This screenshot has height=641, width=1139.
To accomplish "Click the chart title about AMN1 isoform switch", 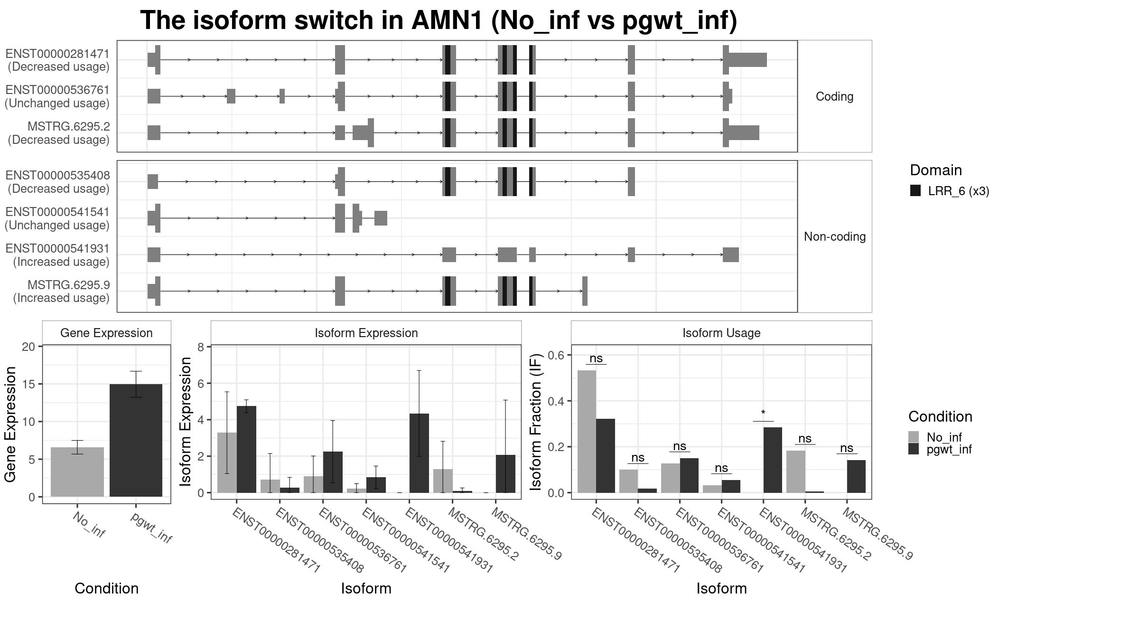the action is (439, 21).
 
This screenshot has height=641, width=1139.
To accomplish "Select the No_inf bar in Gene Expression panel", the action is (77, 472).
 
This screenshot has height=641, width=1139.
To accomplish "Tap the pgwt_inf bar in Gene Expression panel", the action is (136, 441).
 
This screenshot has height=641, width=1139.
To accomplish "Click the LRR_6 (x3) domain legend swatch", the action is (915, 191).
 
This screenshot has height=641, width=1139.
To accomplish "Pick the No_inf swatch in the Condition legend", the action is (914, 437).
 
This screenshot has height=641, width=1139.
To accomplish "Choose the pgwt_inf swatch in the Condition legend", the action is (914, 449).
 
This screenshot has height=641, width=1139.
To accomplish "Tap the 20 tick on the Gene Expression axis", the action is (28, 347).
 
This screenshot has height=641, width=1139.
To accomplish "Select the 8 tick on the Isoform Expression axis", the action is (201, 347).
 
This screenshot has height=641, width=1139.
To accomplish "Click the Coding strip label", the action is (834, 96).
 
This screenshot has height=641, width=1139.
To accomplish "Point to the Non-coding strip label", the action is (835, 236).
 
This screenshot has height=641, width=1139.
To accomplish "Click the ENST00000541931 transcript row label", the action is (57, 249).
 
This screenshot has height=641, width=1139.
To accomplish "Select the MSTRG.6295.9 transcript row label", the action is (69, 285).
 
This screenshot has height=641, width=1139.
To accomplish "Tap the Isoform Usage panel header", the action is (721, 333).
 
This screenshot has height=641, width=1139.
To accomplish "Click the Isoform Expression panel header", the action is (366, 333).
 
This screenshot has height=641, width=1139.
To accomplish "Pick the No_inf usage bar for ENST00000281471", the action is (587, 432).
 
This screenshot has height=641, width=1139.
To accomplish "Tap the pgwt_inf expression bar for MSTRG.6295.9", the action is (505, 474).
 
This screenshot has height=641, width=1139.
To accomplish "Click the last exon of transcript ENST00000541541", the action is (381, 218).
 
